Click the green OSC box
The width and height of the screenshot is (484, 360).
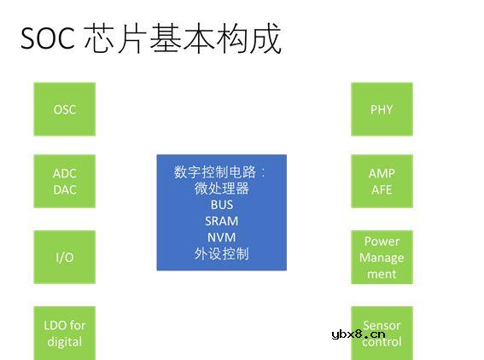pyautogui.click(x=64, y=109)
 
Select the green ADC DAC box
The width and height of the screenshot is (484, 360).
pyautogui.click(x=64, y=181)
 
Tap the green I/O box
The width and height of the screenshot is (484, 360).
pyautogui.click(x=64, y=257)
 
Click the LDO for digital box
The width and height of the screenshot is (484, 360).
pyautogui.click(x=64, y=332)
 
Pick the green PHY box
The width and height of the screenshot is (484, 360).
pyautogui.click(x=382, y=109)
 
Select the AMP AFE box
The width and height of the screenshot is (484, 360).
pyautogui.click(x=382, y=181)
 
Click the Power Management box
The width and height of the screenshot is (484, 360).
pyautogui.click(x=382, y=257)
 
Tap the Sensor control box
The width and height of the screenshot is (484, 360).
pyautogui.click(x=382, y=332)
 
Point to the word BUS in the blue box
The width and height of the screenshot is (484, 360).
pyautogui.click(x=221, y=205)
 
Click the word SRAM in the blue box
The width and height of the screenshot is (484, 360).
pyautogui.click(x=221, y=221)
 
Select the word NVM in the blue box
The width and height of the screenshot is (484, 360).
pyautogui.click(x=221, y=237)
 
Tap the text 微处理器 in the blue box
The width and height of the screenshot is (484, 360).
pyautogui.click(x=221, y=189)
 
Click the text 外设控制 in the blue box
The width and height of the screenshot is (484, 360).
pyautogui.click(x=221, y=253)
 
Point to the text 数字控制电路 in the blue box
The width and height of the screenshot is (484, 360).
pyautogui.click(x=217, y=171)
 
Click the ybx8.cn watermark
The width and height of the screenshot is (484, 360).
pyautogui.click(x=358, y=334)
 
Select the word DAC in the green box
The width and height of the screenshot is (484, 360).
pyautogui.click(x=64, y=189)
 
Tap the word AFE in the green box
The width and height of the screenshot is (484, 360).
pyautogui.click(x=382, y=189)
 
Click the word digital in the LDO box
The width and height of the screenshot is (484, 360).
pyautogui.click(x=64, y=341)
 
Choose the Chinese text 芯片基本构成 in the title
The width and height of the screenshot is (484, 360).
pyautogui.click(x=184, y=39)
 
